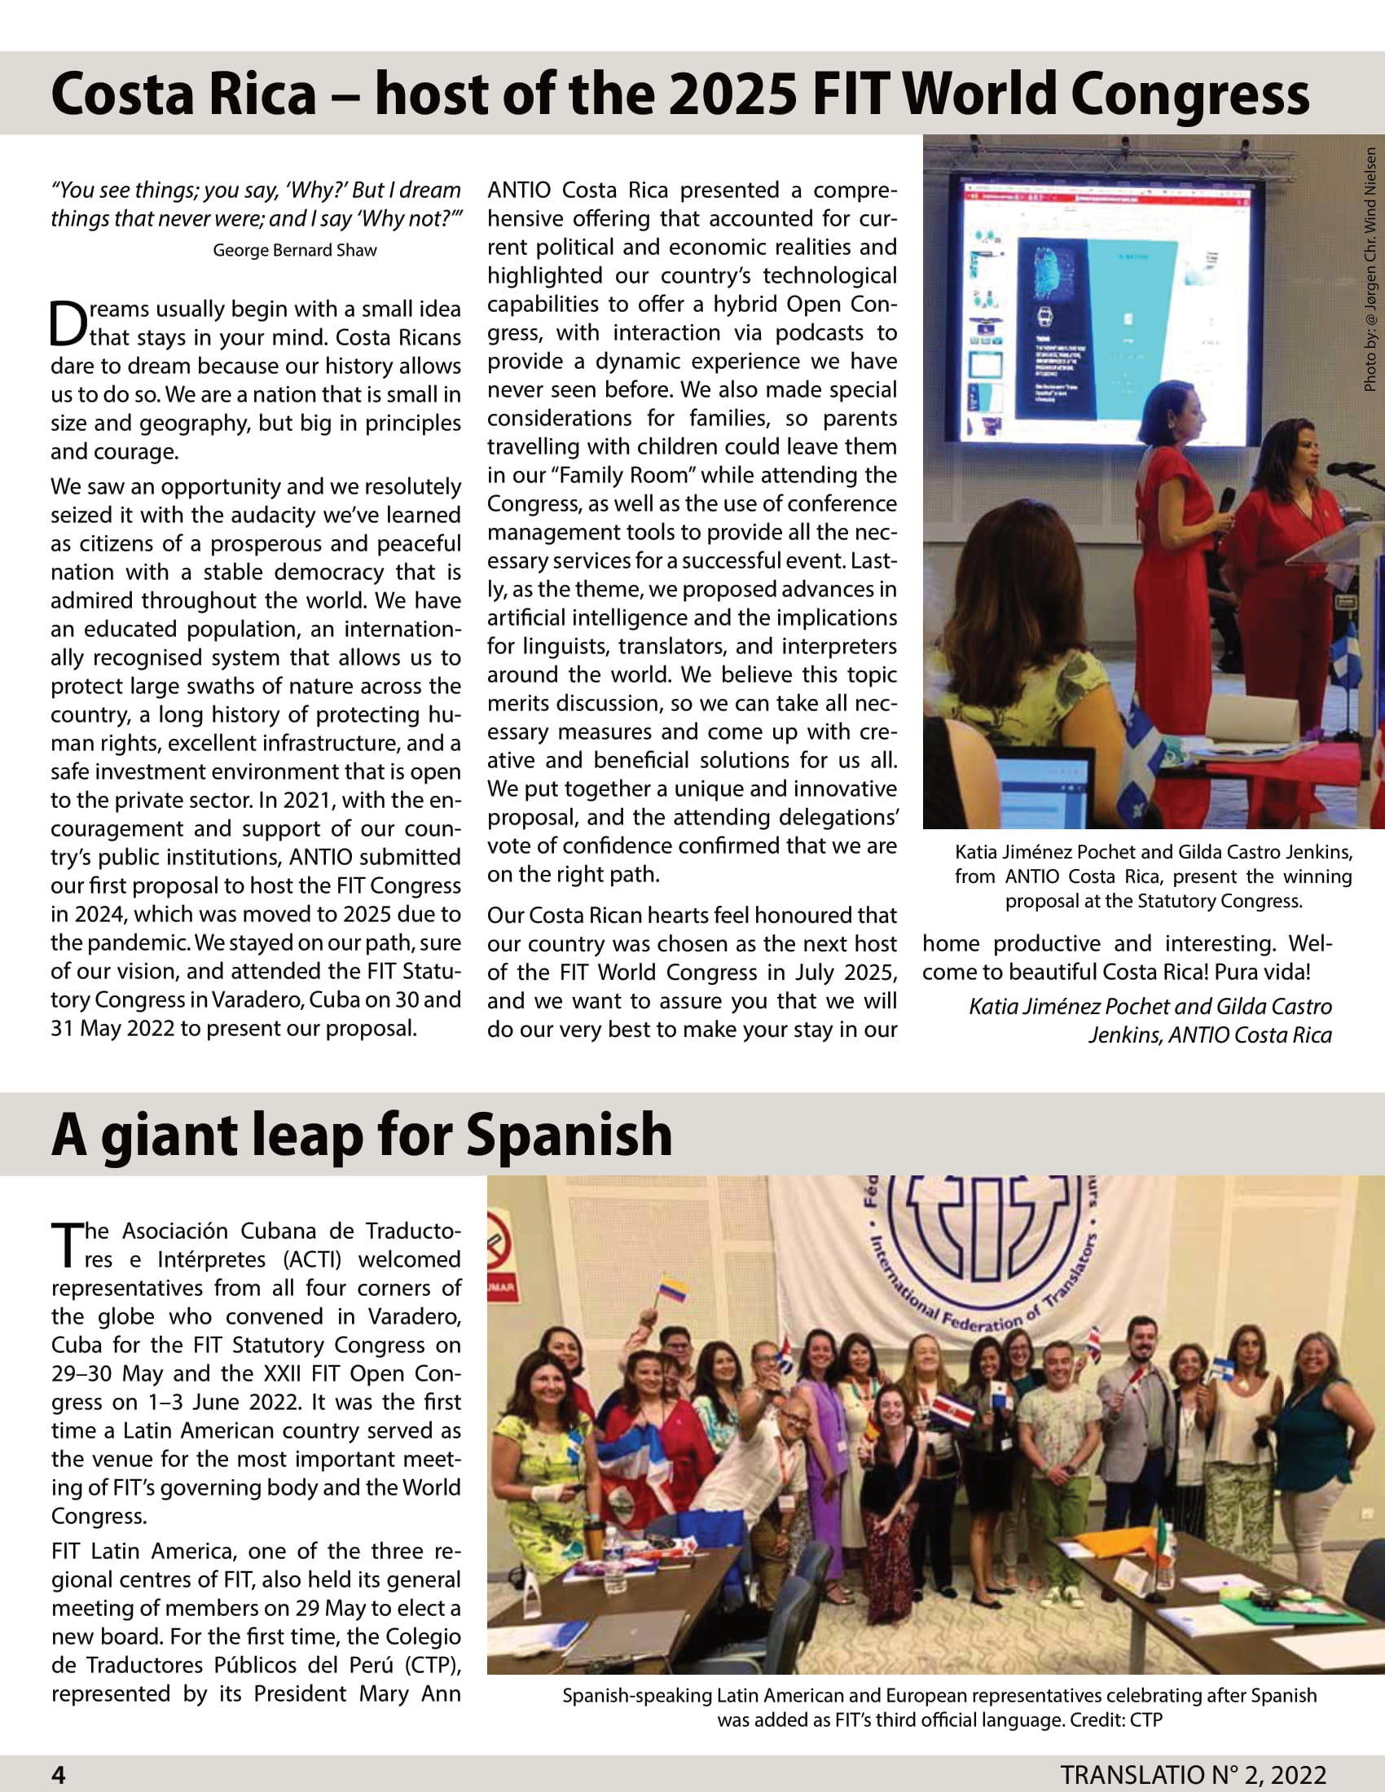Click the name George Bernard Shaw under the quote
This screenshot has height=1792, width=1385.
[x=295, y=250]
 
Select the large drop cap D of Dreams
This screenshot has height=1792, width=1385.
[x=68, y=324]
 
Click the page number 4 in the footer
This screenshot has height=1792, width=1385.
[x=59, y=1775]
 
